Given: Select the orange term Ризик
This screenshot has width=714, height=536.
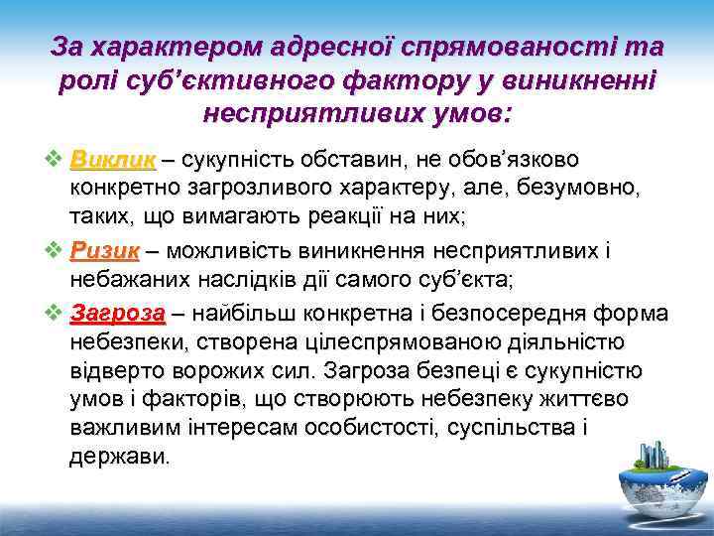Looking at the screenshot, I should pyautogui.click(x=105, y=251).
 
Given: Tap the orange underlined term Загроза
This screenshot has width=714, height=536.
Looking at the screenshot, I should pyautogui.click(x=118, y=314).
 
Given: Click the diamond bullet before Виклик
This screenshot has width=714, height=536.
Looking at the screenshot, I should pyautogui.click(x=54, y=159).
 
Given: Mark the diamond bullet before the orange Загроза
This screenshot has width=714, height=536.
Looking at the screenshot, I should pyautogui.click(x=54, y=314).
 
